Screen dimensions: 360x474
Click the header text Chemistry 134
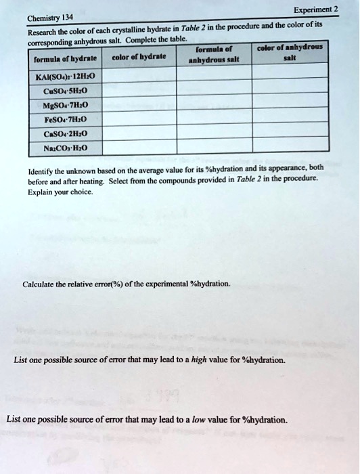(x=45, y=18)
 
